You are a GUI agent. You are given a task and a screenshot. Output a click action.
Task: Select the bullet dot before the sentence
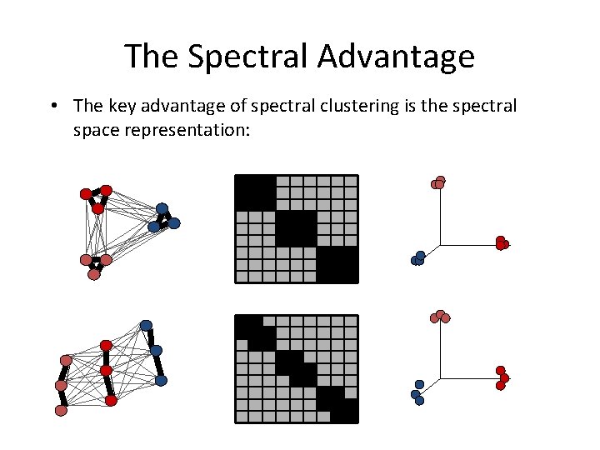click(x=52, y=107)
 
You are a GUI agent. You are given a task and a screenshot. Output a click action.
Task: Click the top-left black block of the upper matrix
click(x=255, y=192)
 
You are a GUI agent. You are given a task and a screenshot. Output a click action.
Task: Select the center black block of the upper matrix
click(x=296, y=228)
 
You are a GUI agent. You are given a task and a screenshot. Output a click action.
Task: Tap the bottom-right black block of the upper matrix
click(x=337, y=265)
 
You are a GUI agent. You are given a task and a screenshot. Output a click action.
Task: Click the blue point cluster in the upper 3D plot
click(x=418, y=258)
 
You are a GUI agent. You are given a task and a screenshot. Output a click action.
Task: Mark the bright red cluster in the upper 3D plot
click(x=502, y=243)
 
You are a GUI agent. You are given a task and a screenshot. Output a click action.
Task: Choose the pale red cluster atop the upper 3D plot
click(x=438, y=182)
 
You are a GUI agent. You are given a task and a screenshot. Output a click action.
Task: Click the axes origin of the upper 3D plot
click(x=439, y=245)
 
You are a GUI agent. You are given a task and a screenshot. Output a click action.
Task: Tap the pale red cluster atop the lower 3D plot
click(x=440, y=316)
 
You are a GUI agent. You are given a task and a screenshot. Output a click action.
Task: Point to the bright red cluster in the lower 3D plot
click(x=502, y=378)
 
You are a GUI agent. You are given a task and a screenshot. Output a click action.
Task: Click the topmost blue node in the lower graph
click(x=147, y=325)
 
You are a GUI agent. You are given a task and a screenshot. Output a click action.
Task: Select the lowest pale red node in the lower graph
click(x=61, y=410)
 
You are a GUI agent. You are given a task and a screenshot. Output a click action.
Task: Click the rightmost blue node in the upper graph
click(x=174, y=222)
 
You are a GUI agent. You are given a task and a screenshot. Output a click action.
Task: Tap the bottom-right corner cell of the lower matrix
click(x=350, y=416)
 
